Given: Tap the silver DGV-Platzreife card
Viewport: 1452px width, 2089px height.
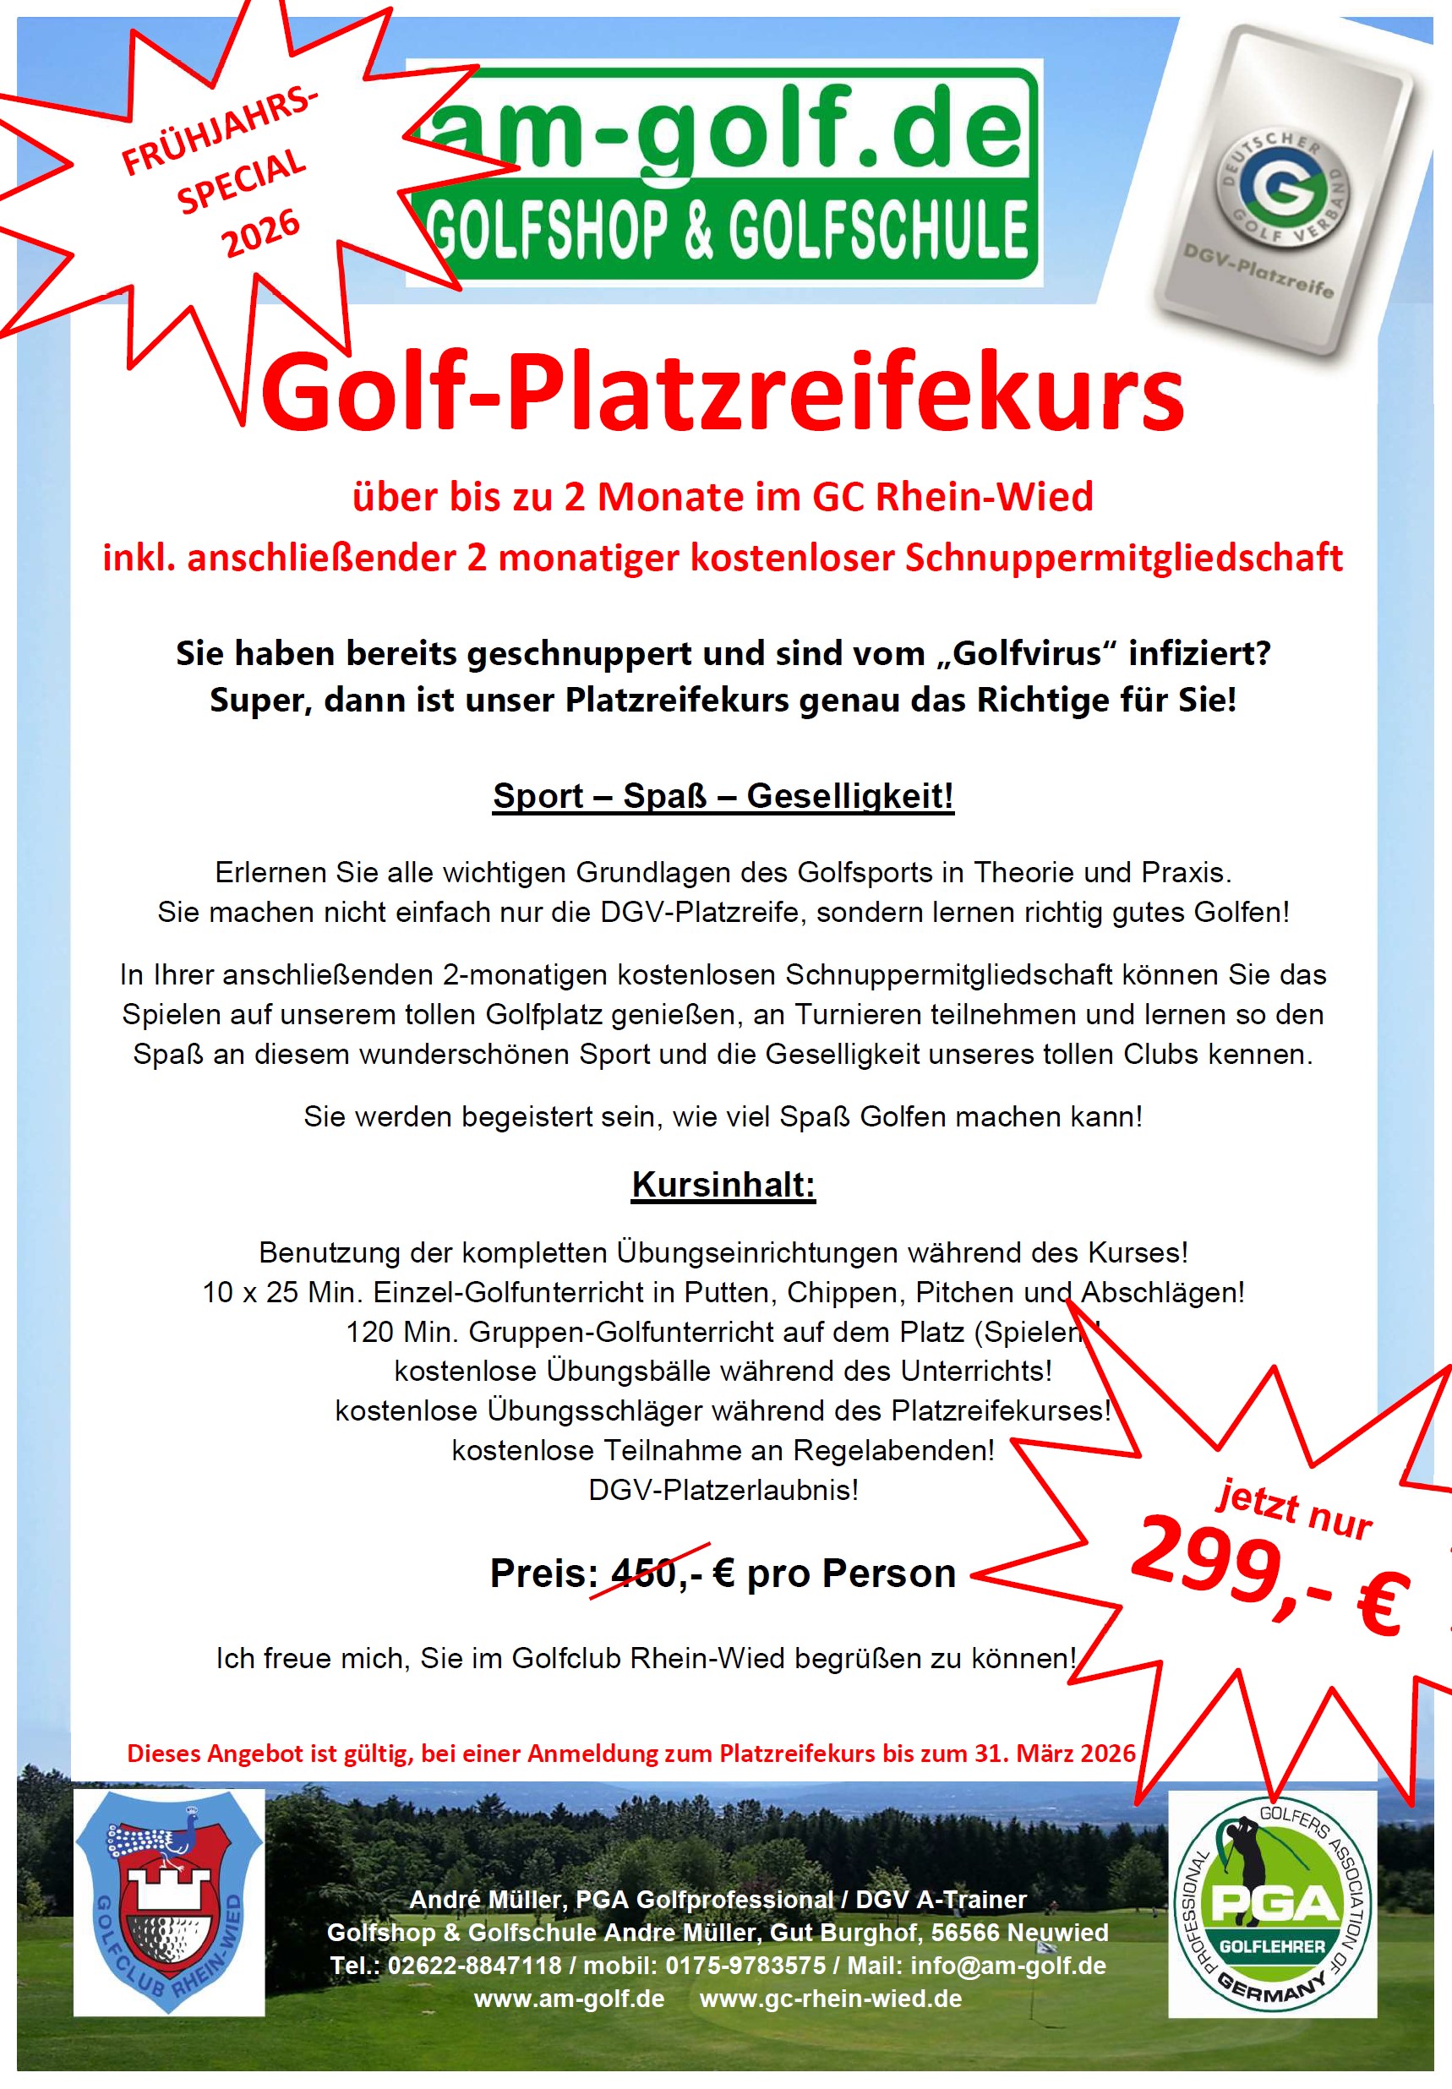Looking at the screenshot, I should click(1283, 191).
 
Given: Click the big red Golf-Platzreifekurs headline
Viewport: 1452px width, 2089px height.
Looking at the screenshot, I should click(723, 394).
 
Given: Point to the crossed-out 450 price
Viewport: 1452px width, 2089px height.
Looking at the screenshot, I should click(643, 1573).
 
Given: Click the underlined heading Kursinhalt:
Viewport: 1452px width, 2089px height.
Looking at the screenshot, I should click(723, 1185).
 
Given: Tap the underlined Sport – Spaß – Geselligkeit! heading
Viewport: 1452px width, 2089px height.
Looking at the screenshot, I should click(723, 796).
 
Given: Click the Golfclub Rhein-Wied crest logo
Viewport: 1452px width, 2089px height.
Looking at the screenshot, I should click(169, 1902).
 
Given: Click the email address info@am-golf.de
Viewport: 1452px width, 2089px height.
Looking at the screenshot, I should click(1008, 1966).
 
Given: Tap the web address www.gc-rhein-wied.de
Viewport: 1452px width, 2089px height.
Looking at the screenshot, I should click(831, 1998).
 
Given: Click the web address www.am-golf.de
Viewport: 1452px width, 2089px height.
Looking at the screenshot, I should click(570, 1998).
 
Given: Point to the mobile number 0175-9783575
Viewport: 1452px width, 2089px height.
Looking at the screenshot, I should click(745, 1966).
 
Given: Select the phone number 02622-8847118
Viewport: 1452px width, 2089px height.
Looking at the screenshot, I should click(474, 1966).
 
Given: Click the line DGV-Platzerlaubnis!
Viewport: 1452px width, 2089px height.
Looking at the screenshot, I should click(723, 1490).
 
